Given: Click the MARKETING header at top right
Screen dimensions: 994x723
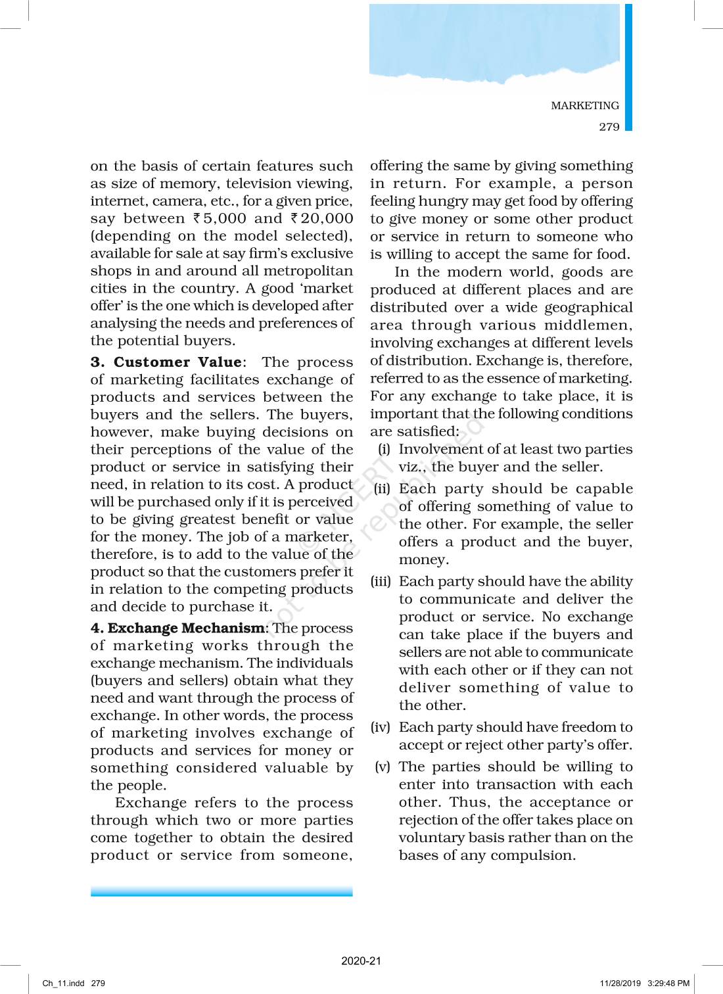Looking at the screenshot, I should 584,105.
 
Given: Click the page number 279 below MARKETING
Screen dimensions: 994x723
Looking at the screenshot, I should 609,127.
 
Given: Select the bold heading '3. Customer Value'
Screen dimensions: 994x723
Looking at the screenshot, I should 166,362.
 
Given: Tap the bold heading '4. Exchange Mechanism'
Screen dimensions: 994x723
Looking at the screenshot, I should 177,628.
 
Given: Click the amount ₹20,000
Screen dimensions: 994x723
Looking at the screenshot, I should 322,219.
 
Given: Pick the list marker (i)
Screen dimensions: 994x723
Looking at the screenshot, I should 384,449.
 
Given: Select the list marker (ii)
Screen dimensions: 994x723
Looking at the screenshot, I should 382,488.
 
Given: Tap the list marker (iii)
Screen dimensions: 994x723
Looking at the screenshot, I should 381,581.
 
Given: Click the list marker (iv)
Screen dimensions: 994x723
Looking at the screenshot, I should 381,727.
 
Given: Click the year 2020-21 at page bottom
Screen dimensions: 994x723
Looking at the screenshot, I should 361,960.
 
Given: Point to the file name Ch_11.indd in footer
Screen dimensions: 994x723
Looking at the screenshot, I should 64,983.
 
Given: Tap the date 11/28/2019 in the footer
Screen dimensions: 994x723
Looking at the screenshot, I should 620,983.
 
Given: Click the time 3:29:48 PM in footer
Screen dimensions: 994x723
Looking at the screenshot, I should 668,983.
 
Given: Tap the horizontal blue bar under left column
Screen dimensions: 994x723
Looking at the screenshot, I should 222,891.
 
